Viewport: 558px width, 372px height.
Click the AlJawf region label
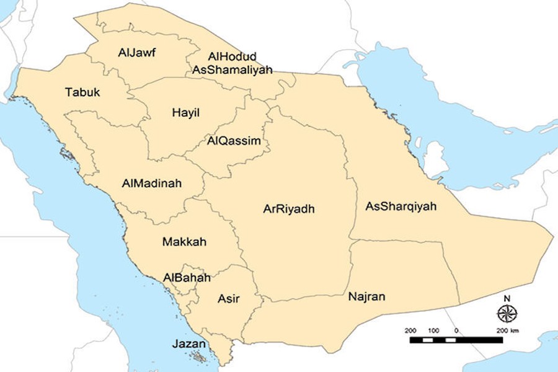pyautogui.click(x=136, y=53)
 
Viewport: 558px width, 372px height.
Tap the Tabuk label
pyautogui.click(x=82, y=92)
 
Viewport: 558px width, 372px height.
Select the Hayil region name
pyautogui.click(x=186, y=113)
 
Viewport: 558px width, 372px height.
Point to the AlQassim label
pyautogui.click(x=234, y=141)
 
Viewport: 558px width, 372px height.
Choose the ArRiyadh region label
pyautogui.click(x=289, y=209)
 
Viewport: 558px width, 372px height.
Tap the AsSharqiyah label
pyautogui.click(x=401, y=206)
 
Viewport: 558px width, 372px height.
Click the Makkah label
pyautogui.click(x=184, y=242)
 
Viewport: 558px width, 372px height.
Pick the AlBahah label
pyautogui.click(x=187, y=278)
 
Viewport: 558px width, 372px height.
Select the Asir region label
pyautogui.click(x=228, y=299)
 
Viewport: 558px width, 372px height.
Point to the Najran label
pyautogui.click(x=366, y=297)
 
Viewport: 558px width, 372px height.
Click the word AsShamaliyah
pyautogui.click(x=232, y=70)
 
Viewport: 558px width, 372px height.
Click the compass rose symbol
pyautogui.click(x=507, y=313)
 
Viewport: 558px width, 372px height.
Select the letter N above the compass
pyautogui.click(x=507, y=298)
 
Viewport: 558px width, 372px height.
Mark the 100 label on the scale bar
pyautogui.click(x=433, y=330)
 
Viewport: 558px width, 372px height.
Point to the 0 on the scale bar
pyautogui.click(x=456, y=330)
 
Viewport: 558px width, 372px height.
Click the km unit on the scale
pyautogui.click(x=515, y=330)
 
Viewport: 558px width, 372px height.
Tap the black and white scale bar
pyautogui.click(x=456, y=340)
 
